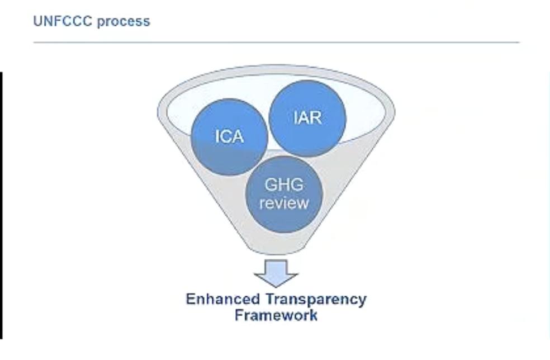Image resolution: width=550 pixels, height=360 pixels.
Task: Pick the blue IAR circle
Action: point(307,118)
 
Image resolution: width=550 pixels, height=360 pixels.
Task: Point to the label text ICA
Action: point(229,137)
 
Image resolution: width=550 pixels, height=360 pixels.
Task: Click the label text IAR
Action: point(307,118)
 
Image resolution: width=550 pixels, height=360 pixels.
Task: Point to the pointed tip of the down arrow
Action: point(276,286)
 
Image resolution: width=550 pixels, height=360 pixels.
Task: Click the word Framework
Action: point(276,315)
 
